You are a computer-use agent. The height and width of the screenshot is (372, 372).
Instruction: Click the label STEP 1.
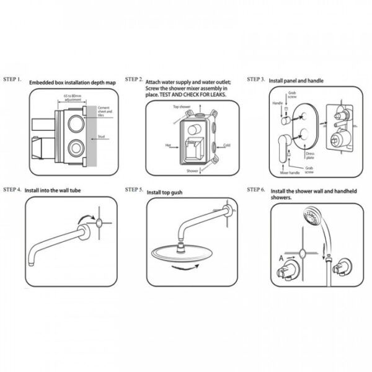point(13,80)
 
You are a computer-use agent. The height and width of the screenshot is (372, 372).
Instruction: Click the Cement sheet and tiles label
point(105,111)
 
